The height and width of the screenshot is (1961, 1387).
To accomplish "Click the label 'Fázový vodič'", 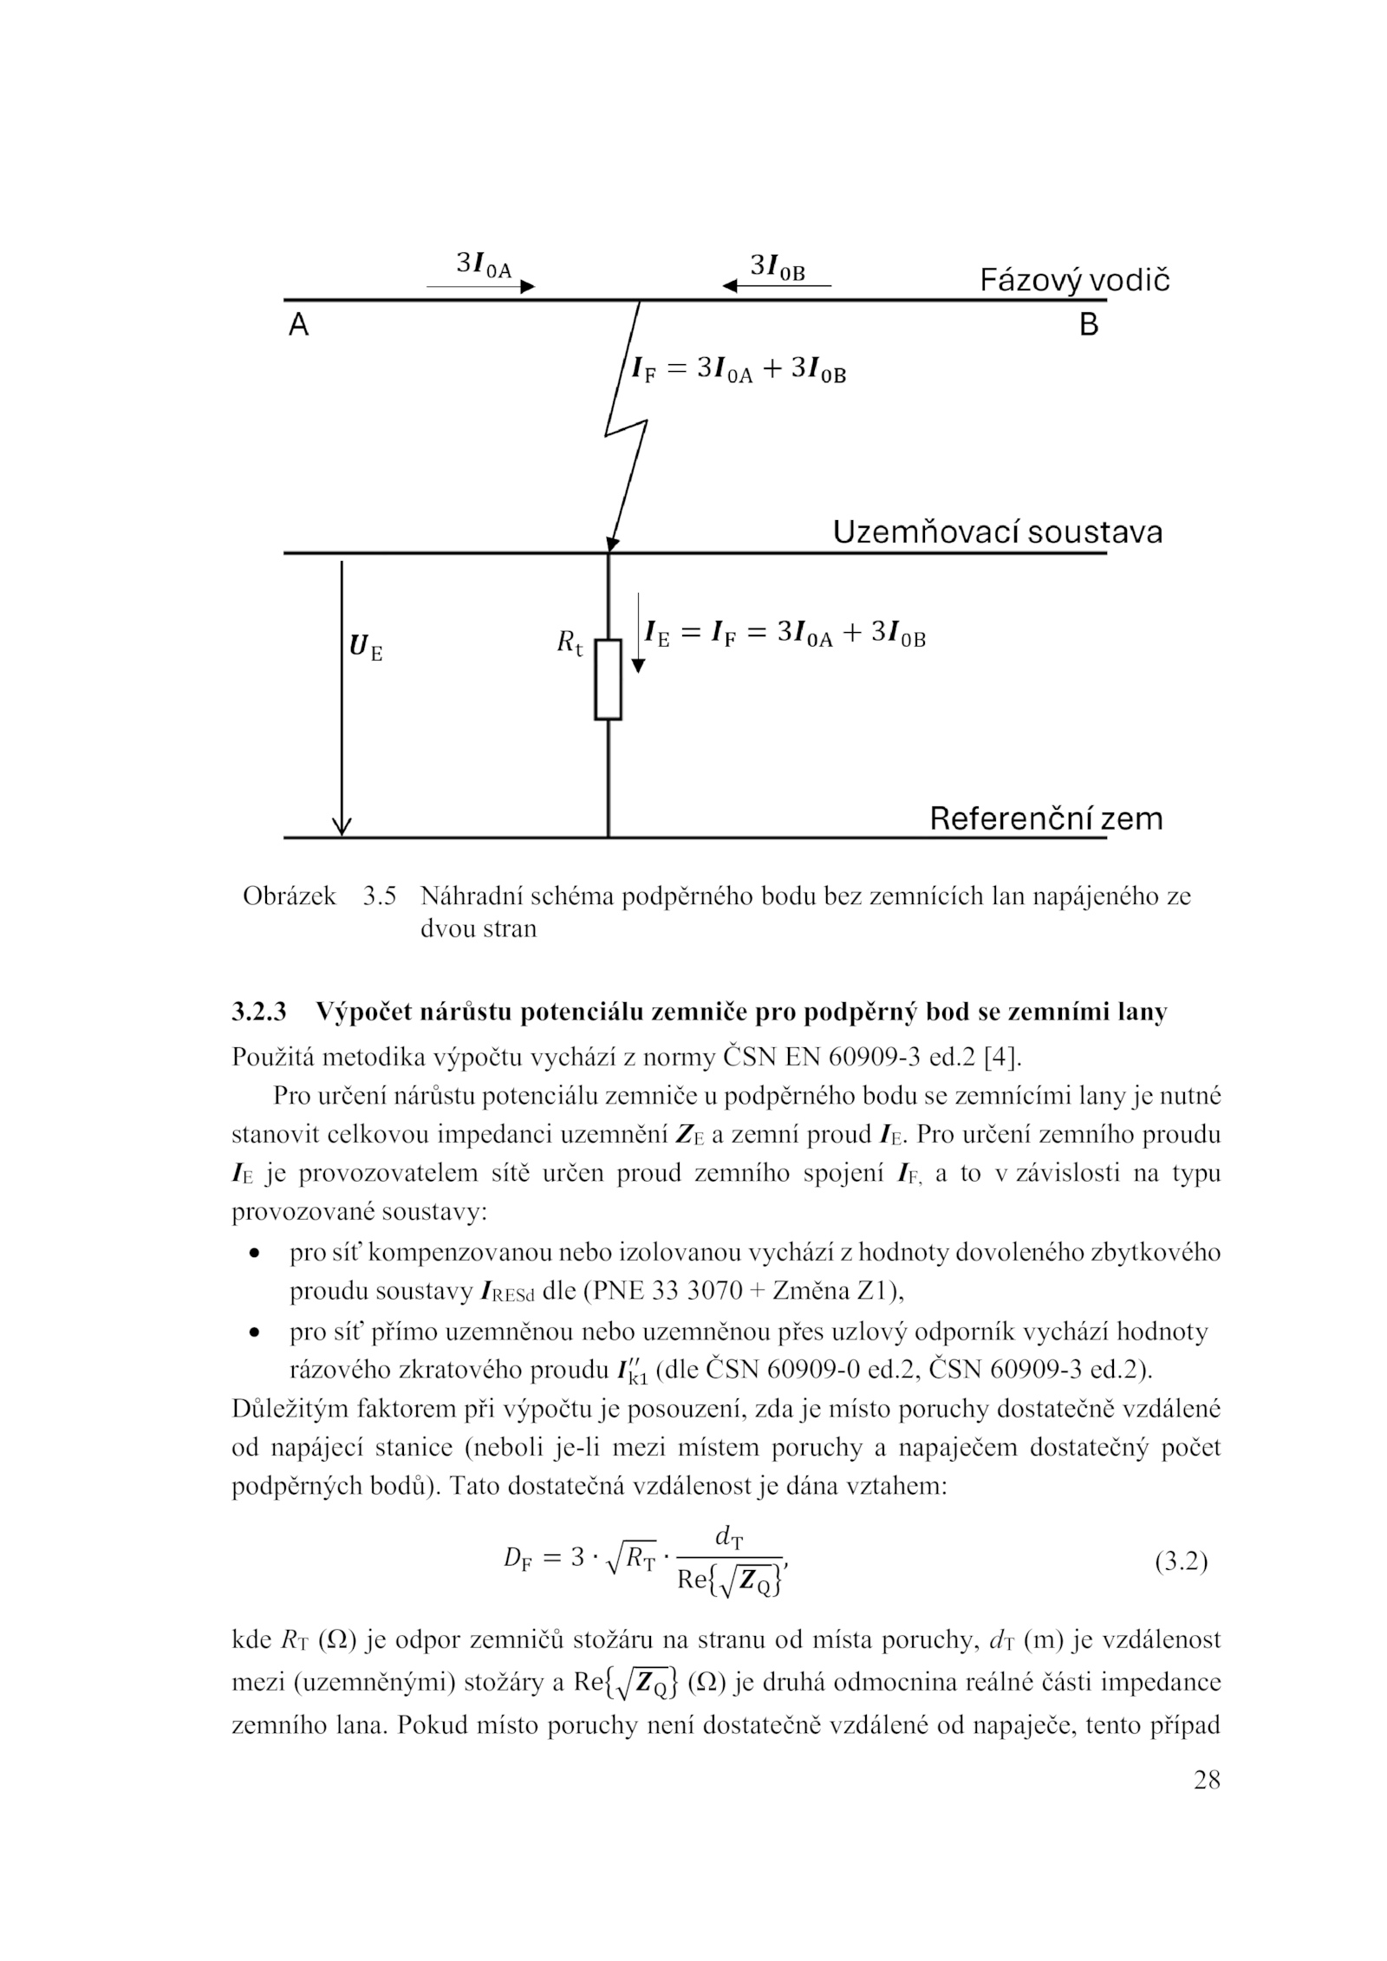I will (x=1074, y=280).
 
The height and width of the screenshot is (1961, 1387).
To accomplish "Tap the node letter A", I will (x=298, y=325).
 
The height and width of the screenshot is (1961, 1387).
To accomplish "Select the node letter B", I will (x=1089, y=325).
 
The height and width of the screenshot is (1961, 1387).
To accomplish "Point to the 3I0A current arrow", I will (x=480, y=286).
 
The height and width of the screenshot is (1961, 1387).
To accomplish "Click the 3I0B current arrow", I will (x=777, y=285).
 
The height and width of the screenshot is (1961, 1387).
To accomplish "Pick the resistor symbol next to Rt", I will (x=608, y=680).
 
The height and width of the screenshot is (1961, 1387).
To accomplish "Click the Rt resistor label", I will (x=570, y=642).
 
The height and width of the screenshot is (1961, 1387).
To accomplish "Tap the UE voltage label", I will (x=365, y=648).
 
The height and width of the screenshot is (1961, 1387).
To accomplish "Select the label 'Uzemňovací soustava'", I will (x=997, y=532).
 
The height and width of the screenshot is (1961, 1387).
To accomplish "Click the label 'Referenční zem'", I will (x=1045, y=818).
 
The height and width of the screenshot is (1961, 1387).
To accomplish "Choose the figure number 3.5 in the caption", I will (x=380, y=896).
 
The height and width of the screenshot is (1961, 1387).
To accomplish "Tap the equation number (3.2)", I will (x=1181, y=1562).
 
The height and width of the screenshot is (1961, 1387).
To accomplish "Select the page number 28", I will (x=1206, y=1781).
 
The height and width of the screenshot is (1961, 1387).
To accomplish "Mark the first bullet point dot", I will (x=254, y=1254).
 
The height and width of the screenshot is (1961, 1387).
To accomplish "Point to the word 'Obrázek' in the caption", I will (x=290, y=896).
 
